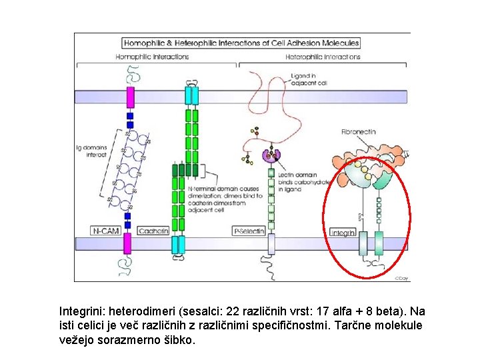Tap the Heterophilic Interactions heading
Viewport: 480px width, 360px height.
(323, 57)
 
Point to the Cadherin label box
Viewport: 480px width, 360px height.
(154, 231)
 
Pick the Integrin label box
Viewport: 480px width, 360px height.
(343, 232)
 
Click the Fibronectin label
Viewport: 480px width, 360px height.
(359, 131)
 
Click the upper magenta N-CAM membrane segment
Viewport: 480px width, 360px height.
(130, 95)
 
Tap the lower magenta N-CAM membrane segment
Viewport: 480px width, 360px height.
(127, 244)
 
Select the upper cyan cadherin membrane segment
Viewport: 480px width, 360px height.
(192, 95)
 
